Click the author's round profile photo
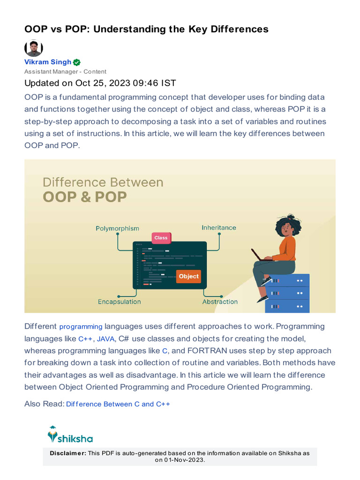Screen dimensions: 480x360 (x=33, y=48)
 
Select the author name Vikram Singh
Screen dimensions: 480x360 (x=48, y=62)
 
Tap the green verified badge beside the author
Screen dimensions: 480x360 (x=77, y=62)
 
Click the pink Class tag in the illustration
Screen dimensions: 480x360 (x=161, y=238)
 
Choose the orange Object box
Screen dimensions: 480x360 (x=188, y=277)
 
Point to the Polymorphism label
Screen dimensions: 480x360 (x=117, y=228)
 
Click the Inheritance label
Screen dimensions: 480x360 (x=219, y=227)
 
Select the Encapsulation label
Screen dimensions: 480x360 (x=119, y=302)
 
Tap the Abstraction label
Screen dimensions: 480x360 (x=220, y=302)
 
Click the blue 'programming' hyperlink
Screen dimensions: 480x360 (x=81, y=327)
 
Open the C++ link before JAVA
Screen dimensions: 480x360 (x=85, y=339)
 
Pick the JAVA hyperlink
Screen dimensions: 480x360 (x=105, y=339)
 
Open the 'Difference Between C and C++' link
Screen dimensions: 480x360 (x=118, y=404)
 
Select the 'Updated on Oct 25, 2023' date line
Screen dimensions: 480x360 (x=100, y=83)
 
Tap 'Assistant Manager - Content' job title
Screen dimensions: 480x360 (x=65, y=72)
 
